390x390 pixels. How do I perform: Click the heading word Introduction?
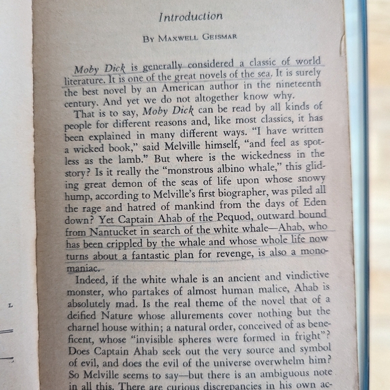tap(190, 15)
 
